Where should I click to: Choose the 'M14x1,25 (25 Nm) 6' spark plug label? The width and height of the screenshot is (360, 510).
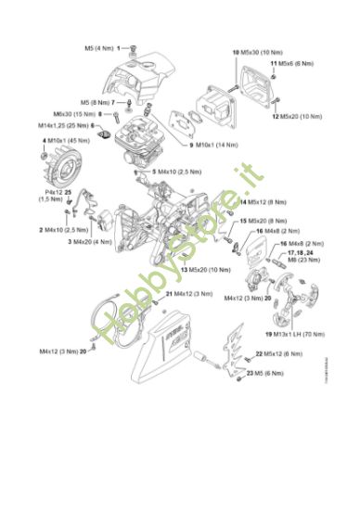79,125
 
